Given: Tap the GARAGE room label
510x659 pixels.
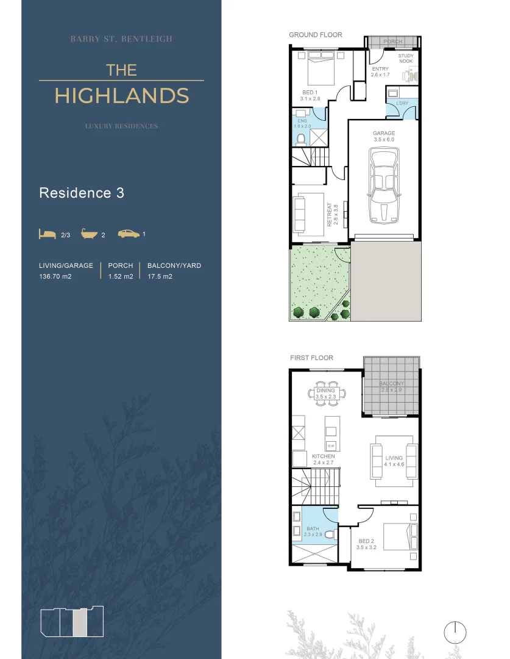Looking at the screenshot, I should (384, 133).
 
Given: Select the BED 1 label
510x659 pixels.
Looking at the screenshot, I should (311, 93).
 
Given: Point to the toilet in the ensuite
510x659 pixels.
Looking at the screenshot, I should (301, 140).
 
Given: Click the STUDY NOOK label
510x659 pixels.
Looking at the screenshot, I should (406, 59).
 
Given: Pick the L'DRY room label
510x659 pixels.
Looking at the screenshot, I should (402, 103).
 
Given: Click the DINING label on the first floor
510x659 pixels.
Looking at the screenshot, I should (326, 391).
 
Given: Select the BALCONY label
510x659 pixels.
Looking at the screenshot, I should (391, 384).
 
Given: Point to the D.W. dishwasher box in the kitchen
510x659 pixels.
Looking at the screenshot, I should (331, 445).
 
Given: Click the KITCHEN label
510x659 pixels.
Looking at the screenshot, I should (323, 456).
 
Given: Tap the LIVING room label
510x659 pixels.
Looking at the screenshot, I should (394, 458).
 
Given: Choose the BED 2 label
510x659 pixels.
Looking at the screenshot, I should (367, 541).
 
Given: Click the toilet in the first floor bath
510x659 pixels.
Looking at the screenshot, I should (330, 535).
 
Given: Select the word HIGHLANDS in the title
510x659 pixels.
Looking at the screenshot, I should (121, 96).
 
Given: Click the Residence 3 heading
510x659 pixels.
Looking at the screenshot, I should (82, 193).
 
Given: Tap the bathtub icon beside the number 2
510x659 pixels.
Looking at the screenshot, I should (90, 234).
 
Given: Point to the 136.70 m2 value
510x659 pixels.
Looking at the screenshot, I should (55, 276).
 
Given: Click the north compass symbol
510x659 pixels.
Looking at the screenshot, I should (455, 632).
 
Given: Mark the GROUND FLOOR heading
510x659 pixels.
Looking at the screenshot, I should (316, 35).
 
